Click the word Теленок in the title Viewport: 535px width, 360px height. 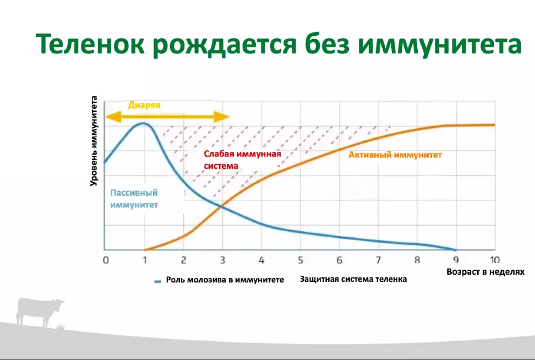[x=90, y=44]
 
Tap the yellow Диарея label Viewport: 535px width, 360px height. [x=144, y=105]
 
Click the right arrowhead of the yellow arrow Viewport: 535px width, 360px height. [x=222, y=117]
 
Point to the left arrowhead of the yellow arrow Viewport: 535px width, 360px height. [x=113, y=117]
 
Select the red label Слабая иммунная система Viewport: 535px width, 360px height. [x=242, y=160]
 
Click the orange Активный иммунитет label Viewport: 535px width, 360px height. [x=395, y=155]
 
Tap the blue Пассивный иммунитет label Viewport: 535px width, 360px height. [x=134, y=199]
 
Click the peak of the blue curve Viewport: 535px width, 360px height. [x=144, y=123]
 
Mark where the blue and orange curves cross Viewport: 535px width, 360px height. [x=221, y=206]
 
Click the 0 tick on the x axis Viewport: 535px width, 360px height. [x=106, y=260]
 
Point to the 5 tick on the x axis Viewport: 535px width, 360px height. [x=301, y=260]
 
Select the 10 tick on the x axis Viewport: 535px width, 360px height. [x=495, y=260]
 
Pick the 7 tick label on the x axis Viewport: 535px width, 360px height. [x=378, y=260]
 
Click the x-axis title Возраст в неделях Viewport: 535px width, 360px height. [x=485, y=272]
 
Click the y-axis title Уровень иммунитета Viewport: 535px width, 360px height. [x=94, y=141]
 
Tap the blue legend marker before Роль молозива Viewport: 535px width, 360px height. [x=157, y=281]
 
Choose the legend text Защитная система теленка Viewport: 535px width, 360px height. [x=353, y=279]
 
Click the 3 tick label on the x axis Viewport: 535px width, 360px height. [x=222, y=260]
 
